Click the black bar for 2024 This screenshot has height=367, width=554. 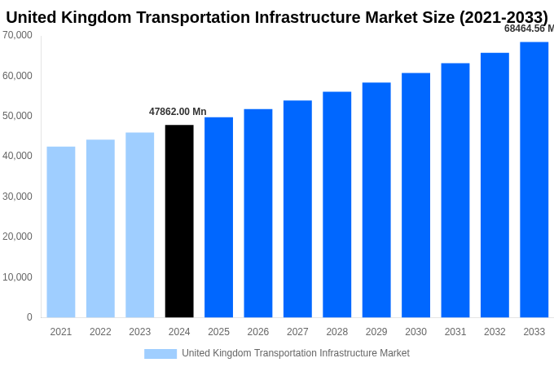point(179,221)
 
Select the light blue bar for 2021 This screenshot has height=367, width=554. point(61,232)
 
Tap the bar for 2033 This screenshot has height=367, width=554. point(534,179)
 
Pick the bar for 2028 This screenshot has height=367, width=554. point(336,204)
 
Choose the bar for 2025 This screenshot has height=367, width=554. point(218,217)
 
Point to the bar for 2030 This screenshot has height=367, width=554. point(415,195)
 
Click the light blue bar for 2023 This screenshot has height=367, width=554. point(139,224)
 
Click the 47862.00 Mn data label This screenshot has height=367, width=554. point(178,112)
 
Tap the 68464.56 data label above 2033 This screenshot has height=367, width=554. point(528,29)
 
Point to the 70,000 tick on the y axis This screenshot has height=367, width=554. point(17,35)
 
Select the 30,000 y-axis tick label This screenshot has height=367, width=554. point(17,197)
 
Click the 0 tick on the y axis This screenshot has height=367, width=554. point(29,317)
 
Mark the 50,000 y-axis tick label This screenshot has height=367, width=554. point(17,116)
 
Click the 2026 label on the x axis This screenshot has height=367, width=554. point(258,332)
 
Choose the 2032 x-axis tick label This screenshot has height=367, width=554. point(495,332)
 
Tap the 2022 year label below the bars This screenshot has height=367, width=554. point(100,332)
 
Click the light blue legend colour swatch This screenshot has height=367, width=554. point(160,353)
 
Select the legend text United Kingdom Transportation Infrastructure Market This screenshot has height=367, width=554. point(296,353)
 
